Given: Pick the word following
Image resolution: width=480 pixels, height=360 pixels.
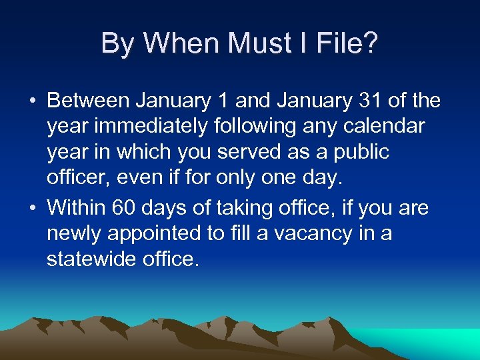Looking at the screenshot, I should pyautogui.click(x=239, y=126).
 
